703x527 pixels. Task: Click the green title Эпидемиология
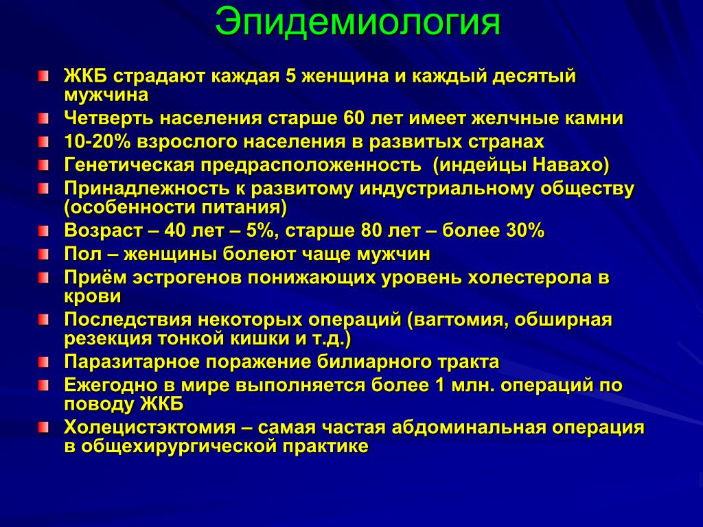pyautogui.click(x=357, y=23)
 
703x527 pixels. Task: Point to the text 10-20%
pyautogui.click(x=97, y=141)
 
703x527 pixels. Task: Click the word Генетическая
pyautogui.click(x=129, y=165)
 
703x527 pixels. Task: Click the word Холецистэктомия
pyautogui.click(x=150, y=427)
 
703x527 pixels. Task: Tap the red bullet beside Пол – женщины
pyautogui.click(x=43, y=255)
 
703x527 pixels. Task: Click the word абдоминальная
pyautogui.click(x=468, y=427)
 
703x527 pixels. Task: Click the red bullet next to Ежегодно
pyautogui.click(x=43, y=386)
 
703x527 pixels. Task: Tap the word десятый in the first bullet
pyautogui.click(x=533, y=75)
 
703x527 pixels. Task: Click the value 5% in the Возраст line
pyautogui.click(x=260, y=231)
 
